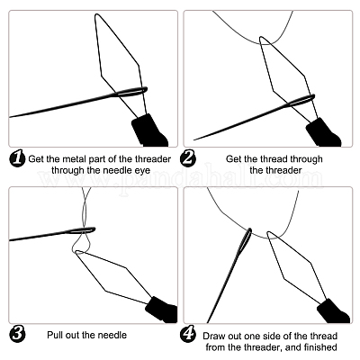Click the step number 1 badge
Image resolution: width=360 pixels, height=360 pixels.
point(18,158)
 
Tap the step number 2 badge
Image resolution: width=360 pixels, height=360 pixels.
point(188,158)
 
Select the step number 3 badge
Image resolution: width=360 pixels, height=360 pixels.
point(18,335)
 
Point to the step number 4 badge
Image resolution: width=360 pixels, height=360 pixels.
point(188,335)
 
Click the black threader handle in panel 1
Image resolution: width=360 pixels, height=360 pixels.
point(149,130)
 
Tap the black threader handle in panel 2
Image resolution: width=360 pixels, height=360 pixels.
point(323,132)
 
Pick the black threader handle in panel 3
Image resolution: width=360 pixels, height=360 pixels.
point(161,310)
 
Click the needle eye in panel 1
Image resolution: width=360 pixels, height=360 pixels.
point(131,92)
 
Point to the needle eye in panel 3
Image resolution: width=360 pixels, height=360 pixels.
point(83,230)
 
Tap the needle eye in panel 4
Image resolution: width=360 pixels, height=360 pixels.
point(247,239)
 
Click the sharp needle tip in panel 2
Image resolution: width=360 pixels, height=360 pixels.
point(194,139)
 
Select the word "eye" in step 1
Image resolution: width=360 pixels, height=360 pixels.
point(142,171)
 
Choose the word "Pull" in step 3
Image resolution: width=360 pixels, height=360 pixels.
point(54,335)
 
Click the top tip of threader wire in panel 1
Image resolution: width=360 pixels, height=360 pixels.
point(96,14)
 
